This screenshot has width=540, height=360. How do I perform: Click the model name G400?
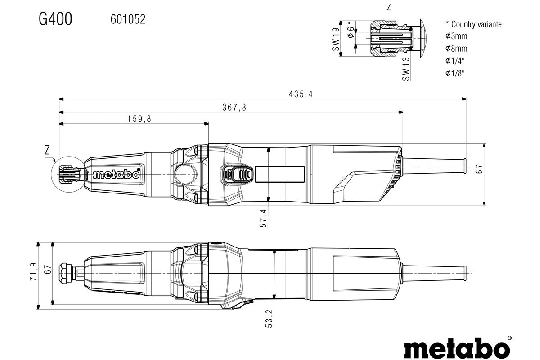[55, 19]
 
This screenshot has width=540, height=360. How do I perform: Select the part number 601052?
[128, 19]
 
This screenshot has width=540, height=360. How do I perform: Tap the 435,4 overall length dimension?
[301, 94]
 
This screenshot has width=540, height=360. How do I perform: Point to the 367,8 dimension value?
[234, 107]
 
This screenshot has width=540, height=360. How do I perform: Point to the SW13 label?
[406, 69]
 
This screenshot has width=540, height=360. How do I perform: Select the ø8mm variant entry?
[456, 49]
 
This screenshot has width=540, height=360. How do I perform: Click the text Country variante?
[476, 24]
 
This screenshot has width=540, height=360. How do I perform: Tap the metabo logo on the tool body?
[116, 174]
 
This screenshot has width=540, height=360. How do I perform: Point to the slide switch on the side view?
[237, 174]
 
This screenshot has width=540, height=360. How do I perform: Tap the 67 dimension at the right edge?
[480, 169]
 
